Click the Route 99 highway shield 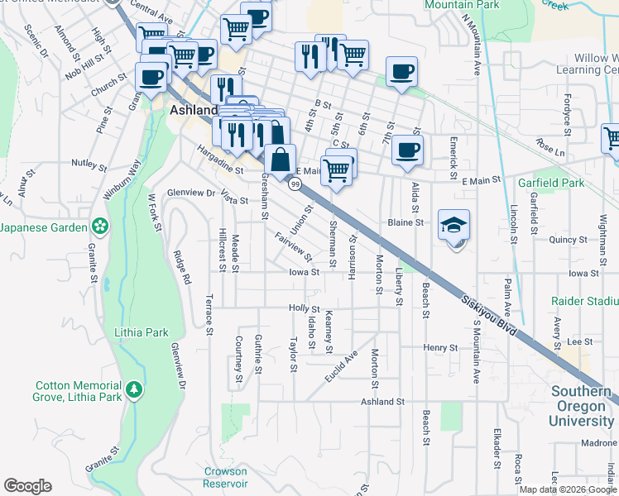click(x=294, y=185)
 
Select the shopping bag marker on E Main click(x=281, y=160)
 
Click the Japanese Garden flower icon click(x=99, y=226)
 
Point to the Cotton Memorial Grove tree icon click(x=133, y=389)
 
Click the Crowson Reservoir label click(x=225, y=477)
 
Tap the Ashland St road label click(x=381, y=401)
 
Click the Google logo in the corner click(x=27, y=486)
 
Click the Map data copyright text click(x=568, y=489)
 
